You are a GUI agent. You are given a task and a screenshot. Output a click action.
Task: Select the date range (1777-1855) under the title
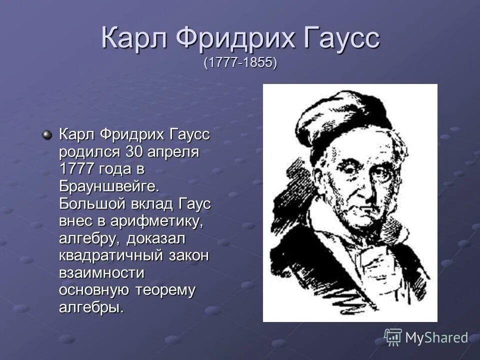(x=240, y=63)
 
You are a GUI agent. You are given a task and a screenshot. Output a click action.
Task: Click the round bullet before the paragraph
(x=46, y=134)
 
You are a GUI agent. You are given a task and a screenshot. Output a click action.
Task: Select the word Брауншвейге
(x=109, y=186)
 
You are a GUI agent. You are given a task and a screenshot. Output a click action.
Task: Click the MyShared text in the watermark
(x=436, y=337)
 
